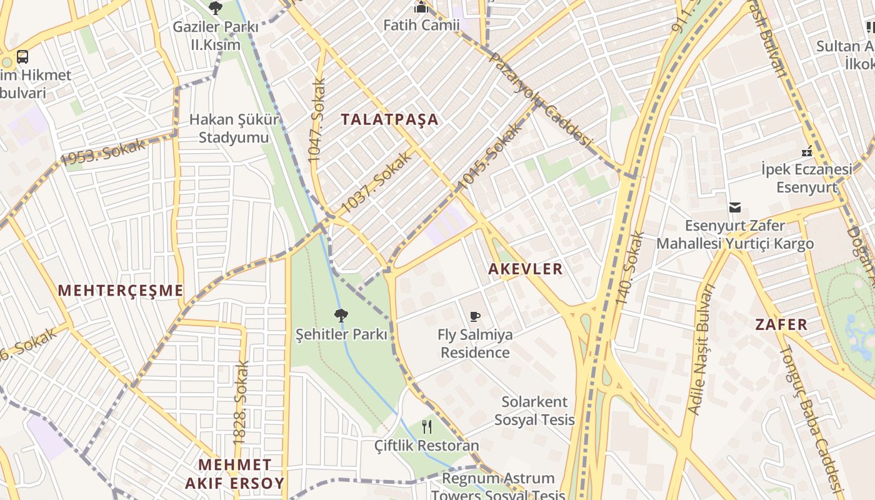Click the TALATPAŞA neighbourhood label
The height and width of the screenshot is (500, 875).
click(390, 119)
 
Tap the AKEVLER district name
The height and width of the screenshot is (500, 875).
click(526, 269)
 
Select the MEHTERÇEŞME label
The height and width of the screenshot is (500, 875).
click(121, 291)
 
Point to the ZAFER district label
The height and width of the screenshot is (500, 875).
click(781, 324)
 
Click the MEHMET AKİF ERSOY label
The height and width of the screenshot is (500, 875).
click(235, 474)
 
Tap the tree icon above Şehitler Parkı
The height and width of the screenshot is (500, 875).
click(341, 316)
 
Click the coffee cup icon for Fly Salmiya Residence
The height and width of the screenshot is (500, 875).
click(475, 316)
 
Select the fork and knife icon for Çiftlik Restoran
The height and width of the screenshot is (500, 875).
click(427, 427)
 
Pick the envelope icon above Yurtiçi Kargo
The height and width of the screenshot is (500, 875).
click(735, 207)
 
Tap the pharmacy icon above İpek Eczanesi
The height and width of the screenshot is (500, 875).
click(807, 151)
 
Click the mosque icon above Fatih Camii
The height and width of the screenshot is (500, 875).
click(421, 7)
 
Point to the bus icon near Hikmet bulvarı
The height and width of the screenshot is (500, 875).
click(22, 57)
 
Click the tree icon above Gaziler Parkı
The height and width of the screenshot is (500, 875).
click(216, 8)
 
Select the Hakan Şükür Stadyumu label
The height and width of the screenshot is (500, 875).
click(234, 128)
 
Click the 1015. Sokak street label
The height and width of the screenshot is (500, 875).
click(489, 157)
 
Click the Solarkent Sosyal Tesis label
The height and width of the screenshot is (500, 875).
click(534, 411)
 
